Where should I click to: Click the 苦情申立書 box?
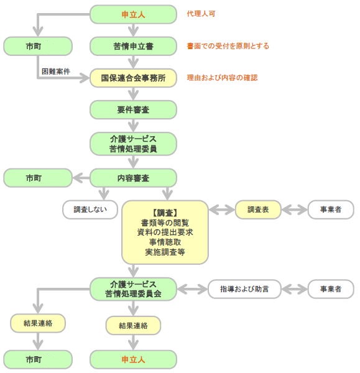[x=133, y=46]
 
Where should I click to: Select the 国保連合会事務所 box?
[x=133, y=78]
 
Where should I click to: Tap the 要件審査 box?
[x=133, y=109]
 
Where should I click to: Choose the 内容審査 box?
[x=133, y=178]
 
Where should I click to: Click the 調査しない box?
[x=90, y=210]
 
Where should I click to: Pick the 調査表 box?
[x=258, y=210]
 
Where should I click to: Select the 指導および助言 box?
[x=244, y=289]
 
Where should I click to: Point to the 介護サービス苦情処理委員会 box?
[x=133, y=289]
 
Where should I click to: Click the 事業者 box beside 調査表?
[x=331, y=210]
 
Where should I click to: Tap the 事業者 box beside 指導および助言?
[x=331, y=289]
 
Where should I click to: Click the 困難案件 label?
[x=56, y=71]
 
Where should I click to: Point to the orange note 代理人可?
[x=201, y=14]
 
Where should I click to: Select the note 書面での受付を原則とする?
[x=228, y=46]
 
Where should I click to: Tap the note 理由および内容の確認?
[x=222, y=78]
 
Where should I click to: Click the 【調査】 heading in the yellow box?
[x=165, y=213]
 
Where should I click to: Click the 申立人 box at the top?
[x=133, y=14]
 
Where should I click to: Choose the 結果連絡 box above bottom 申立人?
[x=133, y=325]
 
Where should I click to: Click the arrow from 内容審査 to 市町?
[x=81, y=178]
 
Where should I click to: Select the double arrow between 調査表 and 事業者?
[x=295, y=210]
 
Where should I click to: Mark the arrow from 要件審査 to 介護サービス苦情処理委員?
[x=133, y=126]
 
